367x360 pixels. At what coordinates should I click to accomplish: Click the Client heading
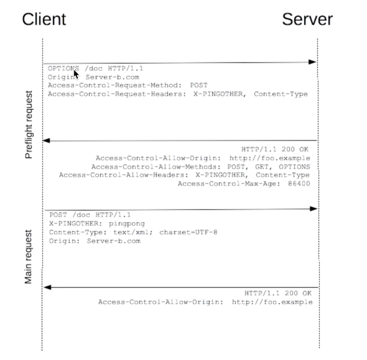coord(44,19)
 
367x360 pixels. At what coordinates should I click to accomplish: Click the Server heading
coord(307,19)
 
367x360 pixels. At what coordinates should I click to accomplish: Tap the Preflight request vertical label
coord(29,125)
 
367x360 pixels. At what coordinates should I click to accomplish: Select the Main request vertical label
coord(28,257)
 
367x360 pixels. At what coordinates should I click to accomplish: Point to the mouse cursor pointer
coord(76,74)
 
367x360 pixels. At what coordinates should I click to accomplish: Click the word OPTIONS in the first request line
coord(63,69)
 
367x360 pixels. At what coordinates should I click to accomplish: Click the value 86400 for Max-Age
coord(299,184)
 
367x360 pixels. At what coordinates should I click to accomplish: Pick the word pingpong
coord(127,224)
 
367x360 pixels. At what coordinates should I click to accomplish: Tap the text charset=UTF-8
coord(188,232)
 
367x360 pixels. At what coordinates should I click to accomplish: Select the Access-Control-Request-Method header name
coord(114,85)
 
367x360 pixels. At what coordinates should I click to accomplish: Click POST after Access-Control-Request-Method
coord(199,85)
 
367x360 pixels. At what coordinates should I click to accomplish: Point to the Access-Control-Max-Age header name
coord(229,184)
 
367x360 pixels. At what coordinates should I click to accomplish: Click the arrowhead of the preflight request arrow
coord(312,62)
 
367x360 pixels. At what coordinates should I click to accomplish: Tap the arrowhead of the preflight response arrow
coord(47,140)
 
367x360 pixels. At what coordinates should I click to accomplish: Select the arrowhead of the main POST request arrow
coord(314,209)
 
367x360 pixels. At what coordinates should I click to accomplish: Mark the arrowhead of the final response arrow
coord(47,287)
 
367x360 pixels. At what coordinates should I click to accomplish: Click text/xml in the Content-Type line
coord(132,232)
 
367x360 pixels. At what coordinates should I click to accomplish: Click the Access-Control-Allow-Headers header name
coord(123,175)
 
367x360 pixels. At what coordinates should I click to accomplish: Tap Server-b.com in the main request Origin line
coord(114,241)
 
